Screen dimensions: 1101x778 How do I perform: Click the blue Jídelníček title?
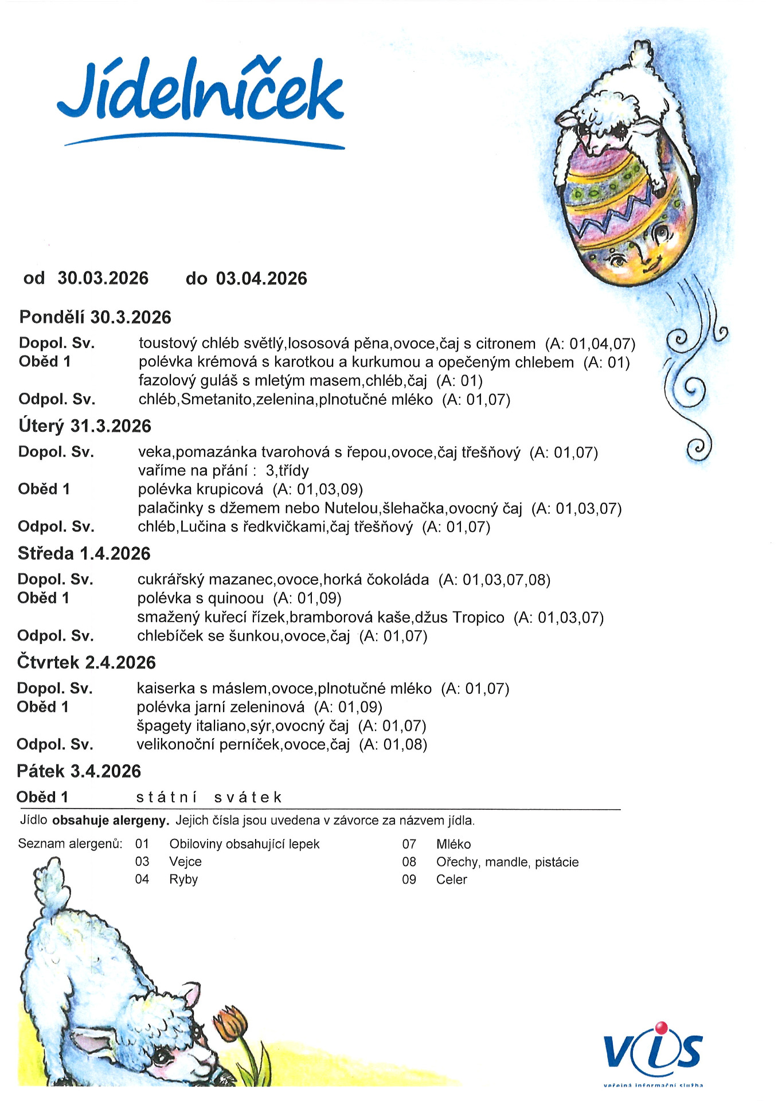click(x=201, y=92)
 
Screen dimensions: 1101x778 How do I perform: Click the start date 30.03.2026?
click(x=103, y=279)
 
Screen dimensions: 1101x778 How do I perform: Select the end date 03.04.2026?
click(x=261, y=279)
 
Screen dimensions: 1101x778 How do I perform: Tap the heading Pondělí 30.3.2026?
click(x=95, y=317)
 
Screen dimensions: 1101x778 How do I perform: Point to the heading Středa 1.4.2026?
click(x=84, y=553)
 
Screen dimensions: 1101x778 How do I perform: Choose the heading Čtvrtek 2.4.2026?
click(x=87, y=662)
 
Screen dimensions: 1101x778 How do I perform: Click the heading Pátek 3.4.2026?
click(x=79, y=771)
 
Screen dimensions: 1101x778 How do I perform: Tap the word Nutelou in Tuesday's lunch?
click(x=351, y=509)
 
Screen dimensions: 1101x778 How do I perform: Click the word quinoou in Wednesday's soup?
click(x=236, y=599)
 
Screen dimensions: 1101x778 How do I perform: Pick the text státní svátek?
click(x=209, y=798)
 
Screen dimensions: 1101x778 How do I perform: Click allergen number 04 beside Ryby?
click(x=142, y=880)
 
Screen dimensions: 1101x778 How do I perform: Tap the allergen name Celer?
click(x=452, y=880)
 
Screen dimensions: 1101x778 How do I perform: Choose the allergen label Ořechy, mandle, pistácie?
click(x=507, y=862)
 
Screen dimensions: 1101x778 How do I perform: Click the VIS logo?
click(x=653, y=1051)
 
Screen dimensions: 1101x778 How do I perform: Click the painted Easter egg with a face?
click(x=628, y=218)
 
